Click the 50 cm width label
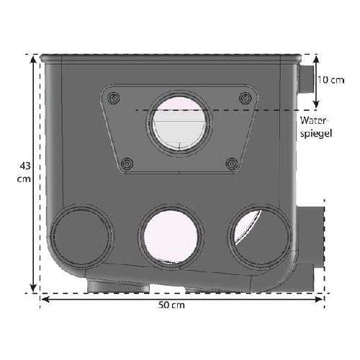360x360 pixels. coord(171,305)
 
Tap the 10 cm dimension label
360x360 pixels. coord(331,80)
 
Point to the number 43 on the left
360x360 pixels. coord(25,166)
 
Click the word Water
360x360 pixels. coord(313,120)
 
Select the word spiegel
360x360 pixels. coord(316,134)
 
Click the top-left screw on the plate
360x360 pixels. coord(114,98)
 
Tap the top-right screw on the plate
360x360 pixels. coord(246,98)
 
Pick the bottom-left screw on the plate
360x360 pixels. coord(127,163)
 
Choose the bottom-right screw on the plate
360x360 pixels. coord(232,163)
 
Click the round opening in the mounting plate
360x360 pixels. coord(179,123)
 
